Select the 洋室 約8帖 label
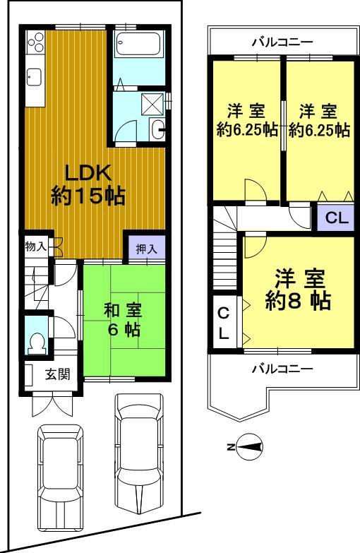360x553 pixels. [x=299, y=291]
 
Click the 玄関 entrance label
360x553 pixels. [x=56, y=374]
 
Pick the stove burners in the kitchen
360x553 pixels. [x=35, y=44]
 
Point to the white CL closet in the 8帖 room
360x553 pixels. [x=223, y=323]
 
